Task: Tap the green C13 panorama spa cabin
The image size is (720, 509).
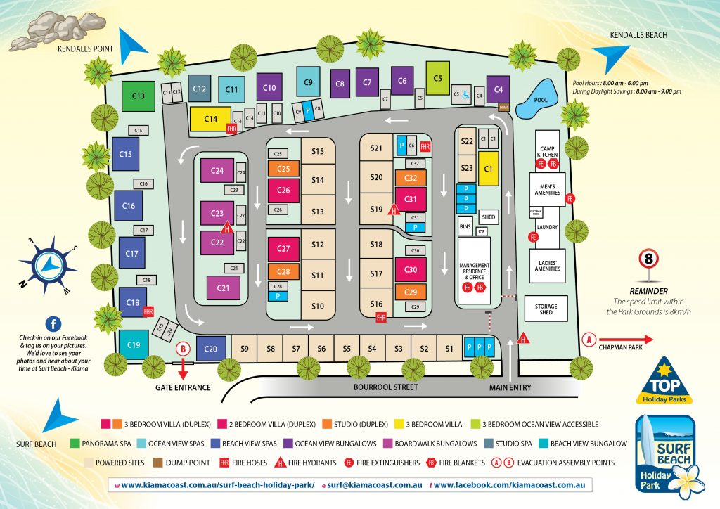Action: (x=139, y=96)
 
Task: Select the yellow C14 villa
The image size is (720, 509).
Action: (x=210, y=120)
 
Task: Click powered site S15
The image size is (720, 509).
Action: (x=317, y=152)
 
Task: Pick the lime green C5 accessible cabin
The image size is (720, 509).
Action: (x=437, y=78)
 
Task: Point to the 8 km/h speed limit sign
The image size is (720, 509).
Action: (x=648, y=260)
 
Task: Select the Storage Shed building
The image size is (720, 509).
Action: (x=546, y=308)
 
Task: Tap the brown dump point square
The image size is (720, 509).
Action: (x=503, y=107)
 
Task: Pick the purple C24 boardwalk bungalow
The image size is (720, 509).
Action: (x=217, y=171)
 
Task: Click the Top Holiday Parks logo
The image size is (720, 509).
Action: (x=664, y=384)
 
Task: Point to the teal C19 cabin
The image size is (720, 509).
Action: (x=134, y=344)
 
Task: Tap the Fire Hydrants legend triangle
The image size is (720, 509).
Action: (x=278, y=463)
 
